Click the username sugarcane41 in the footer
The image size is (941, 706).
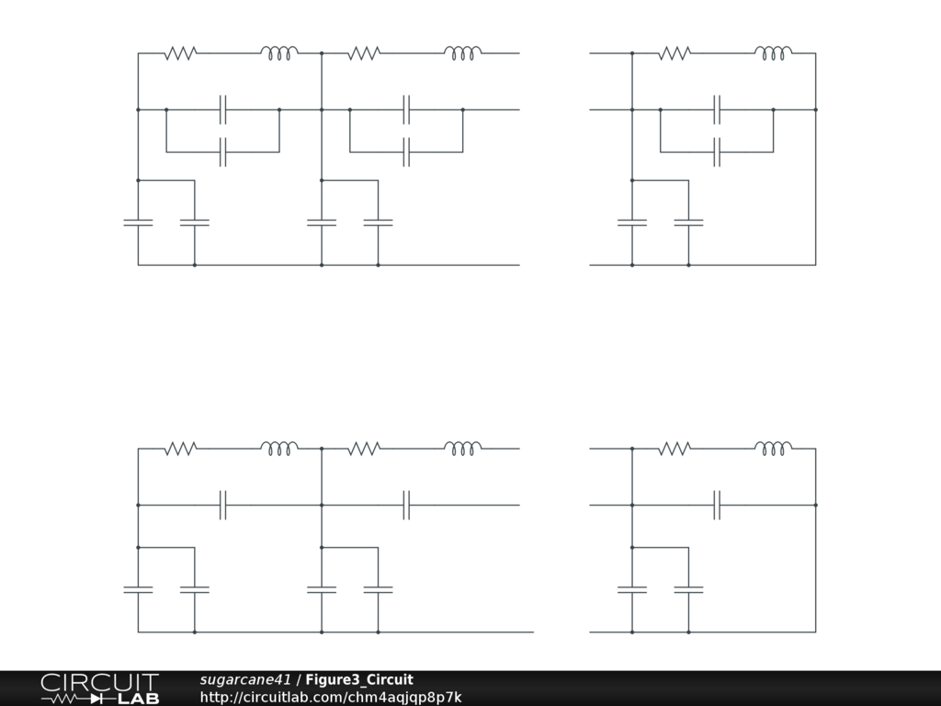(245, 680)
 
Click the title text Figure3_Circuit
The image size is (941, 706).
(359, 680)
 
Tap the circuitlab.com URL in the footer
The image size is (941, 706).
(331, 698)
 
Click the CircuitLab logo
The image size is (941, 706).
(99, 689)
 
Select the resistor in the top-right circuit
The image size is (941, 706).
(674, 53)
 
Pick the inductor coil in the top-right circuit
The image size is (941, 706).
(774, 53)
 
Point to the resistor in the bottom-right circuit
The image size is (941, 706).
(674, 449)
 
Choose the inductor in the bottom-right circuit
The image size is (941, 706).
(774, 449)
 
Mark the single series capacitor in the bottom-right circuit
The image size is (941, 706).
(718, 505)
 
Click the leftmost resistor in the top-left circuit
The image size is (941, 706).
(180, 53)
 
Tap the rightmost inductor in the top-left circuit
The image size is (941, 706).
(463, 53)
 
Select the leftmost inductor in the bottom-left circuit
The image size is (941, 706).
(279, 449)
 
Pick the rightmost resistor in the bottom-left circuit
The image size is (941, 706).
(364, 449)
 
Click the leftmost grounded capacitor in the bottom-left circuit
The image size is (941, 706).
(138, 589)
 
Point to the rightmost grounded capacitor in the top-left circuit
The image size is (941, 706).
(378, 222)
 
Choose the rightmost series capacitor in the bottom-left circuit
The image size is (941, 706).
(406, 505)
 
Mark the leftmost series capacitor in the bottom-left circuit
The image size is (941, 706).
(222, 505)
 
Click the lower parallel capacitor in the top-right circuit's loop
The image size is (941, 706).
(718, 152)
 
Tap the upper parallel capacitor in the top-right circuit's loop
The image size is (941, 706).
(718, 109)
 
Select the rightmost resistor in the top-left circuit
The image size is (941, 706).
(364, 53)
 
